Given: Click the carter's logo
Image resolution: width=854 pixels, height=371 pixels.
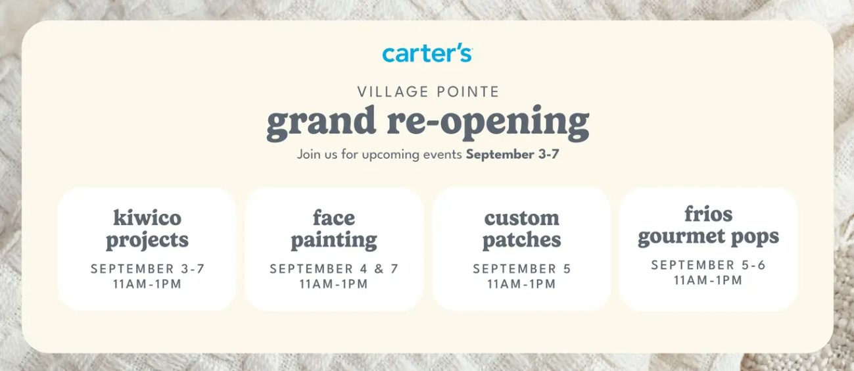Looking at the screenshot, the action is click(427, 55).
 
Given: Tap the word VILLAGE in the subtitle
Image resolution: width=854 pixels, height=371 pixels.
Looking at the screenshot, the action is click(392, 92).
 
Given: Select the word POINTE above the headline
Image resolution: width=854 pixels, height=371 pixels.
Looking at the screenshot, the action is click(468, 92).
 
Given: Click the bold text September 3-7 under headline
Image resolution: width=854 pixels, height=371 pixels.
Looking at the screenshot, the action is click(512, 155).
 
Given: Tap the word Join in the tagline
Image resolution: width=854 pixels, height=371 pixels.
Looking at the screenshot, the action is click(308, 155).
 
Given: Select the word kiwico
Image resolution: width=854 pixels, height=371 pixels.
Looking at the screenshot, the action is click(147, 218).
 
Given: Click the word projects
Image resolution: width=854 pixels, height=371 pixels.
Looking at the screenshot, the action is click(147, 241).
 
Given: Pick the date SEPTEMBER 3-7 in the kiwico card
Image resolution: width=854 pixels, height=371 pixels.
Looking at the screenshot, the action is click(148, 269).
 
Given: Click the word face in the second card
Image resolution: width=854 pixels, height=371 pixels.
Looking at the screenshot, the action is click(334, 218).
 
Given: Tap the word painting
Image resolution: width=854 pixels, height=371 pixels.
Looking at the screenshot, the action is click(334, 241).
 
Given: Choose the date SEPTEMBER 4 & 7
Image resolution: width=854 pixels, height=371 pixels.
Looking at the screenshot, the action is click(334, 269).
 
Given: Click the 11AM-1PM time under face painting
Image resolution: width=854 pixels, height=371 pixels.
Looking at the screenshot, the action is click(334, 284).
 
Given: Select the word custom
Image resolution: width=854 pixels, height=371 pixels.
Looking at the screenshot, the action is click(521, 218).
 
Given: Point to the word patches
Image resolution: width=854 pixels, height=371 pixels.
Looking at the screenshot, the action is click(521, 240).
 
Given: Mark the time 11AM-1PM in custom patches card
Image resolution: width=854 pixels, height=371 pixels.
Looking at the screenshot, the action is click(521, 284).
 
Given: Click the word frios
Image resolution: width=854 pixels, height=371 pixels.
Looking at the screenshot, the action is click(708, 214).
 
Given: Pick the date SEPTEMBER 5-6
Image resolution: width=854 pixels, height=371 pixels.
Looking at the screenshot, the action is click(708, 265).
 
